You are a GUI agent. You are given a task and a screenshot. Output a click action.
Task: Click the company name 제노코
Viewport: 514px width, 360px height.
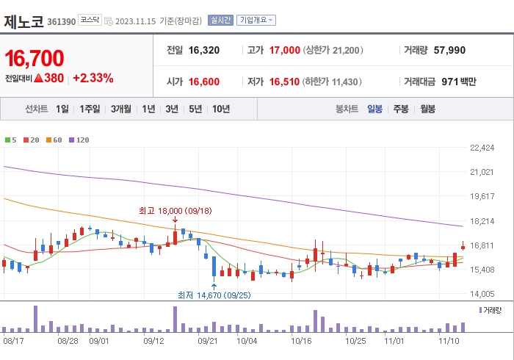pyautogui.click(x=23, y=20)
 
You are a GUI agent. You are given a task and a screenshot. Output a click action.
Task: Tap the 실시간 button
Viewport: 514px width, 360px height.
pyautogui.click(x=220, y=20)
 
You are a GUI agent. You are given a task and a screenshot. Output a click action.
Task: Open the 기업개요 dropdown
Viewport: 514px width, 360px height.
pyautogui.click(x=256, y=20)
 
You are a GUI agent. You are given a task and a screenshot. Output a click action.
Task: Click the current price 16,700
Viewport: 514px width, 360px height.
pyautogui.click(x=35, y=58)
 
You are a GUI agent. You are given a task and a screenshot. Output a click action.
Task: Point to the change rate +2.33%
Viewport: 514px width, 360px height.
pyautogui.click(x=93, y=78)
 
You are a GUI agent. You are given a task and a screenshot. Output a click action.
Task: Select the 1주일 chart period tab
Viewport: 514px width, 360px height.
pyautogui.click(x=90, y=109)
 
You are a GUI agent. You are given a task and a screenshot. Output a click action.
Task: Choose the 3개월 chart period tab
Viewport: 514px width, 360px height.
pyautogui.click(x=121, y=109)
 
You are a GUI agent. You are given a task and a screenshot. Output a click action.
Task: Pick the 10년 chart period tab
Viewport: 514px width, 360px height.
pyautogui.click(x=220, y=109)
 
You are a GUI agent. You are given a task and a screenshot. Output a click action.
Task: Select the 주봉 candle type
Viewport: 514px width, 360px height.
pyautogui.click(x=400, y=109)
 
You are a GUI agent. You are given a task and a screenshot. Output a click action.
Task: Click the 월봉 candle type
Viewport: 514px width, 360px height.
pyautogui.click(x=427, y=109)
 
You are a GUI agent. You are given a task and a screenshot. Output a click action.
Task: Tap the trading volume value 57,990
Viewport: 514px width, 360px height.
pyautogui.click(x=449, y=51)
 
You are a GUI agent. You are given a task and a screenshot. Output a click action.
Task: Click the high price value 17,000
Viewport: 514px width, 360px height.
pyautogui.click(x=284, y=51)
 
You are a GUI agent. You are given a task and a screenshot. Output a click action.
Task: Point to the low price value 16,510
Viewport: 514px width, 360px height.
pyautogui.click(x=284, y=82)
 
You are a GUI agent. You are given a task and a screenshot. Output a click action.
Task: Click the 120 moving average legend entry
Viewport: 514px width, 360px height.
pyautogui.click(x=79, y=140)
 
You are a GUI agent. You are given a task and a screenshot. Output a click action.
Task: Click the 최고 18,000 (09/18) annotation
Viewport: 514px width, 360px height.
pyautogui.click(x=175, y=211)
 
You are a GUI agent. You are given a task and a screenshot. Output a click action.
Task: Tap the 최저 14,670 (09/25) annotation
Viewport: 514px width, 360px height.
pyautogui.click(x=214, y=295)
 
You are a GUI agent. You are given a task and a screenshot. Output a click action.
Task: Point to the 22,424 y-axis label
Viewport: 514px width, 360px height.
pyautogui.click(x=482, y=148)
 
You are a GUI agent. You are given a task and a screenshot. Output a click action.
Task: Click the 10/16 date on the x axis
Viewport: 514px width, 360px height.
pyautogui.click(x=301, y=341)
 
